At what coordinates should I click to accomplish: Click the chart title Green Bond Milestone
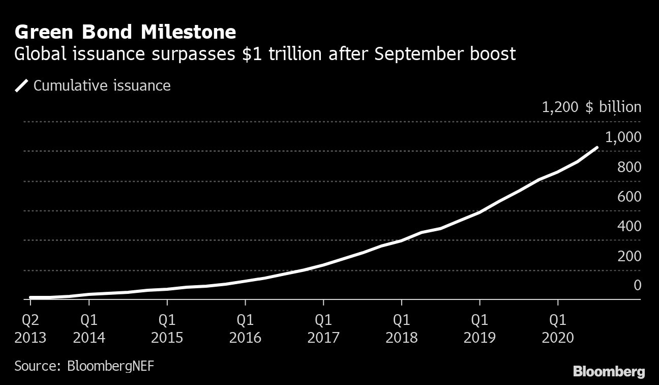(x=125, y=33)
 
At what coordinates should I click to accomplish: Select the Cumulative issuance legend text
(x=102, y=86)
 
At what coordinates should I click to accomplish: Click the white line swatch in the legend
(x=22, y=86)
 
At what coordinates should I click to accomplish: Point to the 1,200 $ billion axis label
(x=591, y=107)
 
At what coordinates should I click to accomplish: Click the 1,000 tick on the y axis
(x=623, y=137)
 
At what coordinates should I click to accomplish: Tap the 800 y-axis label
(x=629, y=167)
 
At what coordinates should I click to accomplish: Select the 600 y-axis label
(x=629, y=197)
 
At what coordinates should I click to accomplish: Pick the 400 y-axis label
(x=629, y=226)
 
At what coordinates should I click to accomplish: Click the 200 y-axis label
(x=629, y=256)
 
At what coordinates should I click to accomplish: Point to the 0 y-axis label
(x=637, y=286)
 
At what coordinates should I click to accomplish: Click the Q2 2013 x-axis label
(x=30, y=329)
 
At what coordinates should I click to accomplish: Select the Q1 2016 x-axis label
(x=245, y=329)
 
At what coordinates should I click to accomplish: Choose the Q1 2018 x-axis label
(x=401, y=329)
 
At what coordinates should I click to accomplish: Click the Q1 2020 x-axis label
(x=558, y=329)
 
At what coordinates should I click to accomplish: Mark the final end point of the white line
(x=596, y=148)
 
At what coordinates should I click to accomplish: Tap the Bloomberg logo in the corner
(x=609, y=371)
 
